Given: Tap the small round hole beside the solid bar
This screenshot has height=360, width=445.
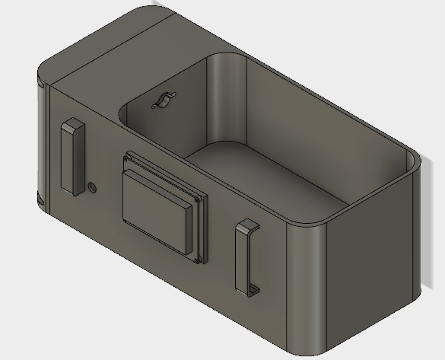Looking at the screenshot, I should [93, 186].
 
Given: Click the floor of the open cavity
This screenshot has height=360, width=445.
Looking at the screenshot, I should [266, 175].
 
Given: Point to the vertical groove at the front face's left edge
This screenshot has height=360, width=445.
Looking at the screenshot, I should [48, 145].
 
